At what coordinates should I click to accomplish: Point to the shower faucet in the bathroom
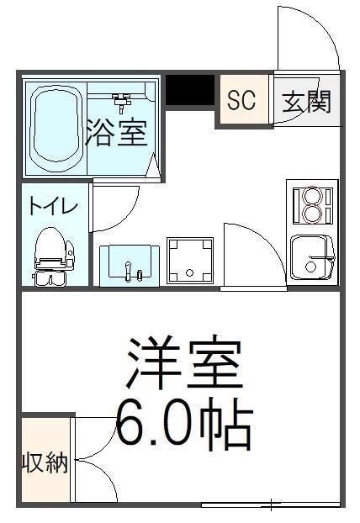[x=123, y=102]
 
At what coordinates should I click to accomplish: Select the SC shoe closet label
[x=241, y=101]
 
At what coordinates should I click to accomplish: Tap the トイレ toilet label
[x=53, y=207]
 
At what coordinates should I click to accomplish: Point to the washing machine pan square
[x=189, y=260]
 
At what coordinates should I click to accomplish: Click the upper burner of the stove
[x=312, y=197]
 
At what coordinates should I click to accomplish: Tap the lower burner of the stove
[x=312, y=214]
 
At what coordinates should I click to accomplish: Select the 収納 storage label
[x=45, y=462]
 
